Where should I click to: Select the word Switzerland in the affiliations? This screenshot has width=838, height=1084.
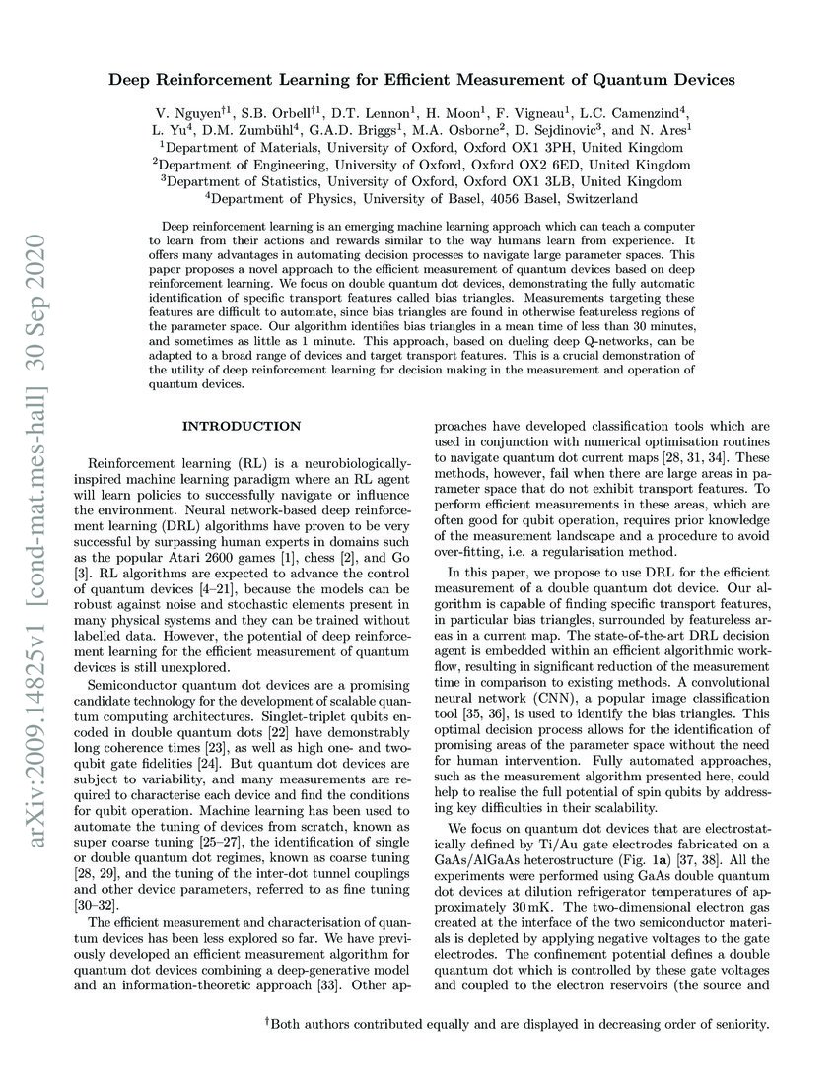click(x=592, y=198)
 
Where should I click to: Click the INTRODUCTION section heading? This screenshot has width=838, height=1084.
click(x=242, y=426)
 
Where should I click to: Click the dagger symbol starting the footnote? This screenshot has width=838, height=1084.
click(x=267, y=1022)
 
